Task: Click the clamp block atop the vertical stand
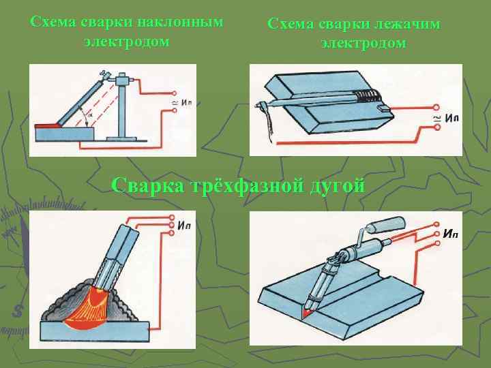coord(123,81)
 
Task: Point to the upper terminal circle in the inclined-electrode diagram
coord(175,93)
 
